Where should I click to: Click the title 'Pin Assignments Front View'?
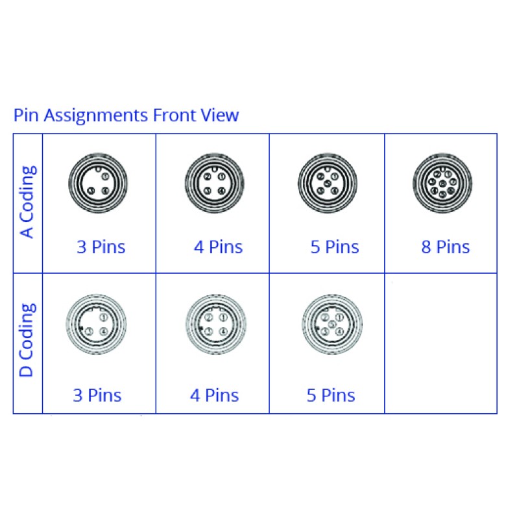coord(126,115)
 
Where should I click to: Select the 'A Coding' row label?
coord(27,202)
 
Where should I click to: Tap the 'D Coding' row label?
coord(27,340)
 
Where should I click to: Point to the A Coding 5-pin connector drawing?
coord(328,184)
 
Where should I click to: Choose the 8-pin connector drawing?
coord(442,184)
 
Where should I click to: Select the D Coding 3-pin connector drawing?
coord(97,324)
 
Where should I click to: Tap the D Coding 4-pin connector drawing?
coord(215,324)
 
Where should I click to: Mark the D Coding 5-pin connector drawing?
coord(332,324)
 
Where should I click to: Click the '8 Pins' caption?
coord(446,247)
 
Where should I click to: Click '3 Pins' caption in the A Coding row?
coord(101,247)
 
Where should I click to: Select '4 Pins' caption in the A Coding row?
coord(218,247)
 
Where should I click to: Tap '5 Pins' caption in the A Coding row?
coord(335,247)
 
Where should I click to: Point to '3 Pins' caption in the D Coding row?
coord(97,395)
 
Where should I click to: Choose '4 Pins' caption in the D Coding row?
coord(215,395)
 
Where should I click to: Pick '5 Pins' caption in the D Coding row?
coord(331,395)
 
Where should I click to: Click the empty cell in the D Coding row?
coord(441,343)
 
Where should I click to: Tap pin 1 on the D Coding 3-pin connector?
coord(104,317)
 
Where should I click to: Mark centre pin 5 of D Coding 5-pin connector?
coord(332,324)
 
